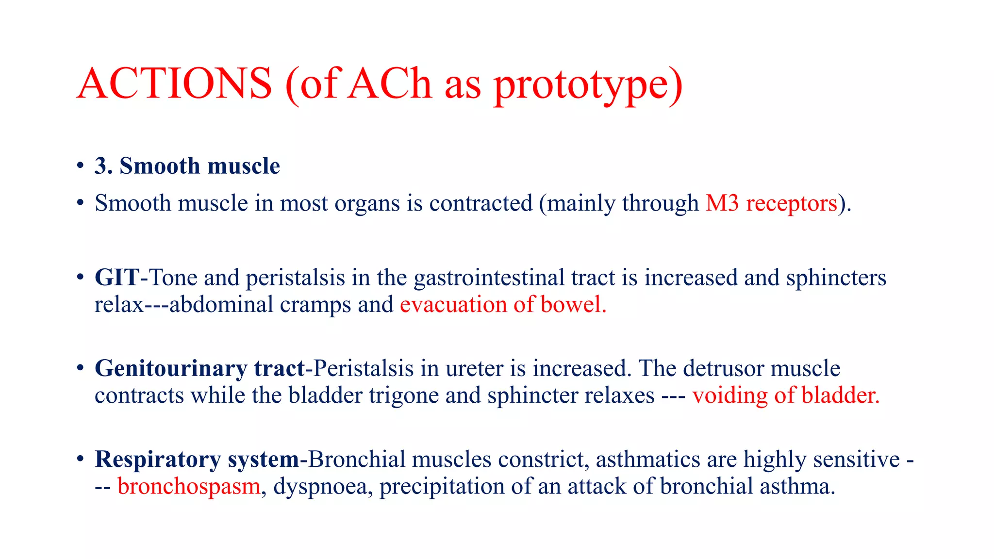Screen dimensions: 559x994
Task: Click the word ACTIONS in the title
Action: point(174,83)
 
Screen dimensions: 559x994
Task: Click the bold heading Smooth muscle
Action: point(199,166)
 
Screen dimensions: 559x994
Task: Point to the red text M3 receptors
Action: point(771,203)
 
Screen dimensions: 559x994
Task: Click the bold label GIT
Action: point(116,278)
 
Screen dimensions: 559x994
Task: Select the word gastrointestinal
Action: point(489,278)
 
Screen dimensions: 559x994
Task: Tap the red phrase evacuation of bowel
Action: point(503,305)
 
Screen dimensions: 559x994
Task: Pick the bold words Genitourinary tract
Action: point(199,368)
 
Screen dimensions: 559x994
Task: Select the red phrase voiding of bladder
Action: point(785,395)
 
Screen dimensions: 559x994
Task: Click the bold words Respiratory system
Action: point(197,460)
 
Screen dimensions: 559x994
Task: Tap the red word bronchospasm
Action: point(189,486)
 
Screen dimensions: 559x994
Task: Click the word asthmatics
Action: point(648,460)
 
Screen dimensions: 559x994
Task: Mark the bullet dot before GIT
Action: point(80,278)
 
